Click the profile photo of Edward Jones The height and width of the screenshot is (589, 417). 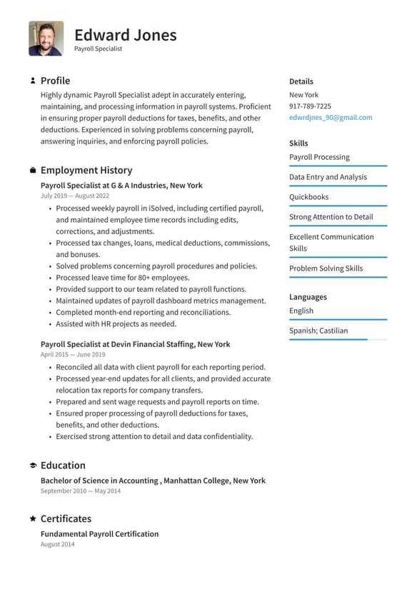[x=46, y=39]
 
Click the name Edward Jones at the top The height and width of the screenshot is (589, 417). [x=125, y=34]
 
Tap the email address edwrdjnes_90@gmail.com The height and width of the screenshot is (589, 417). [x=330, y=118]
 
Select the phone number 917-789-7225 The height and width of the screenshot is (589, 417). [x=310, y=106]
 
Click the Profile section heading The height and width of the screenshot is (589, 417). [x=55, y=81]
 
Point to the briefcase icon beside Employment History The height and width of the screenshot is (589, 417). [x=33, y=171]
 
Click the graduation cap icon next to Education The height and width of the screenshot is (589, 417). [x=33, y=465]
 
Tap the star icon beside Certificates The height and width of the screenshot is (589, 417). [x=33, y=519]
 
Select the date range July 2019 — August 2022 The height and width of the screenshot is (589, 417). [x=75, y=196]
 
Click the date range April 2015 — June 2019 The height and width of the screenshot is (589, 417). [x=73, y=354]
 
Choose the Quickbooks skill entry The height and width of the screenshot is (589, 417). [x=308, y=197]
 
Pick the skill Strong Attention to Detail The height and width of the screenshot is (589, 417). [x=331, y=217]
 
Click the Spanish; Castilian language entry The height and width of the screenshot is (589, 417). [x=318, y=331]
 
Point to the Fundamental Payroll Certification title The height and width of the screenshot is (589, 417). [x=99, y=534]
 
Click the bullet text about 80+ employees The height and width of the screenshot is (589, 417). [x=122, y=278]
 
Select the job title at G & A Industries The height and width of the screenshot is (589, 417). [x=121, y=186]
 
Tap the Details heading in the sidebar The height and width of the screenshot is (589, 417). [x=301, y=81]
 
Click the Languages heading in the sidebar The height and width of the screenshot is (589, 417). [x=308, y=297]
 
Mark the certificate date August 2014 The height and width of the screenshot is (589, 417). [x=57, y=545]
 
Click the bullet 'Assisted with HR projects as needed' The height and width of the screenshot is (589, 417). [x=116, y=324]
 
